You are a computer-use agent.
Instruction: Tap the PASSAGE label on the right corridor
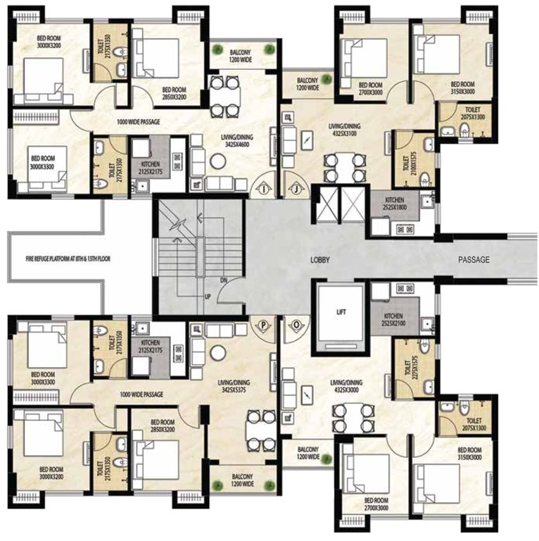click(473, 259)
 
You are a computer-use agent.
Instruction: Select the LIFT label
click(341, 311)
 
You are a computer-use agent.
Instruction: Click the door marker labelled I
click(261, 189)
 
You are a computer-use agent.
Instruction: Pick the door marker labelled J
click(297, 189)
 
